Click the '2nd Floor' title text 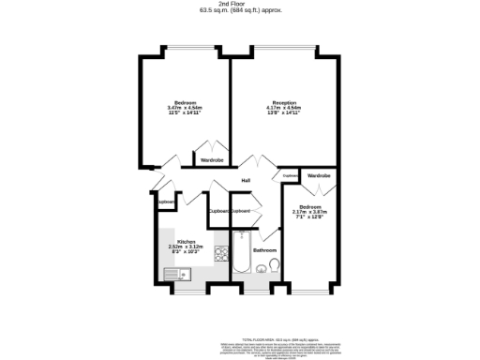tap(241, 5)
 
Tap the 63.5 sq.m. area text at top tap(241, 11)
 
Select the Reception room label tap(284, 102)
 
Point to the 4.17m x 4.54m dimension tap(284, 108)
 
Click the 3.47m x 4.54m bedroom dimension tap(185, 108)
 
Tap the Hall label tap(246, 180)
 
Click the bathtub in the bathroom tap(241, 259)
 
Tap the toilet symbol tap(273, 269)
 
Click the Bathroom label tap(264, 250)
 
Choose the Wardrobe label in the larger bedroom tap(211, 160)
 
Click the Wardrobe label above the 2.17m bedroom tap(319, 176)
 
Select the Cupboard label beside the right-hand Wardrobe tap(290, 175)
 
